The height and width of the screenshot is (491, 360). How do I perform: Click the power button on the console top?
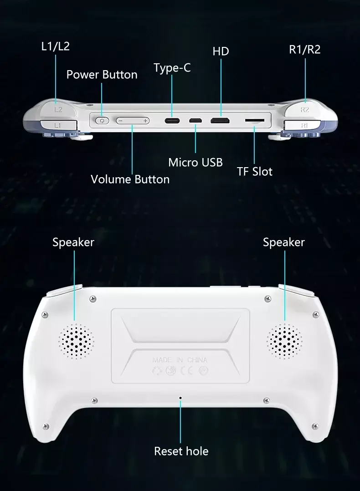pyautogui.click(x=102, y=121)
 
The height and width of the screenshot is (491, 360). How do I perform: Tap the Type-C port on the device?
pyautogui.click(x=172, y=121)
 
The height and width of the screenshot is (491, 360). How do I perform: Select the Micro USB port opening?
pyautogui.click(x=195, y=121)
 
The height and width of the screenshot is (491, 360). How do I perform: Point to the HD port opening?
pyautogui.click(x=220, y=121)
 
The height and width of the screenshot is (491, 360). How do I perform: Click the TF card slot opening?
pyautogui.click(x=254, y=120)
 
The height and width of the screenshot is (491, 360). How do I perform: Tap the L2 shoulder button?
pyautogui.click(x=58, y=109)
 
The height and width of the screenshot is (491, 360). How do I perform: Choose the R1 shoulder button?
pyautogui.click(x=304, y=126)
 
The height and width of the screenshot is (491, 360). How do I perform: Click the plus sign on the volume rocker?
pyautogui.click(x=145, y=121)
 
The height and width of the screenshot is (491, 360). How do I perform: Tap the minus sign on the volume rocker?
pyautogui.click(x=120, y=121)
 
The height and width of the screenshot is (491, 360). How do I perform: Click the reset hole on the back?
pyautogui.click(x=180, y=398)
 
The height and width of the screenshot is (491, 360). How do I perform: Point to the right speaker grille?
pyautogui.click(x=284, y=341)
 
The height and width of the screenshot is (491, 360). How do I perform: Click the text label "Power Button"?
pyautogui.click(x=102, y=75)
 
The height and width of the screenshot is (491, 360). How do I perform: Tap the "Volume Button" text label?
pyautogui.click(x=130, y=179)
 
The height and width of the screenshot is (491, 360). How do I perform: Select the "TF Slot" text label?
pyautogui.click(x=254, y=171)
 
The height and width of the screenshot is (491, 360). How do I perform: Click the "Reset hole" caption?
pyautogui.click(x=181, y=451)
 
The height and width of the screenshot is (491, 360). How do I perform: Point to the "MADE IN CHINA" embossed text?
pyautogui.click(x=180, y=360)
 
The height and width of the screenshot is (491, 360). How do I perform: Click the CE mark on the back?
pyautogui.click(x=187, y=371)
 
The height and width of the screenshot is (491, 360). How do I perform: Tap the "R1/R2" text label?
pyautogui.click(x=304, y=50)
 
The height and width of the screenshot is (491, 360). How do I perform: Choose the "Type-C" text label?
pyautogui.click(x=172, y=68)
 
